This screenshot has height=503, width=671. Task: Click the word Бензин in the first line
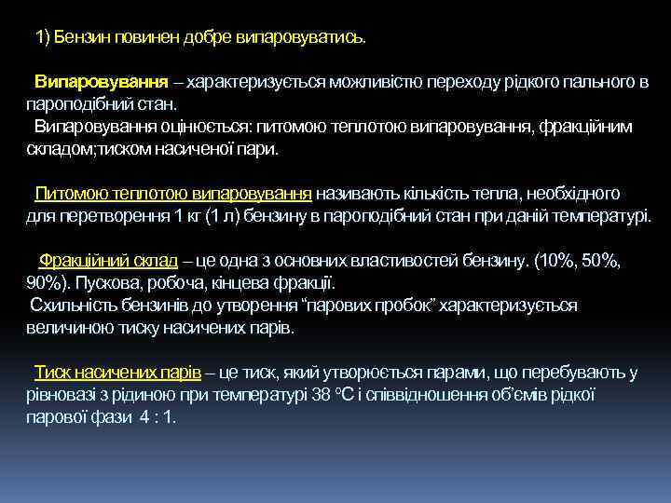[78, 37]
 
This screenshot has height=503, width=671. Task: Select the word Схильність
[72, 306]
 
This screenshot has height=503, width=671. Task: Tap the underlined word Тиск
[53, 373]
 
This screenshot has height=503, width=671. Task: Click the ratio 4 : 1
[157, 417]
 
